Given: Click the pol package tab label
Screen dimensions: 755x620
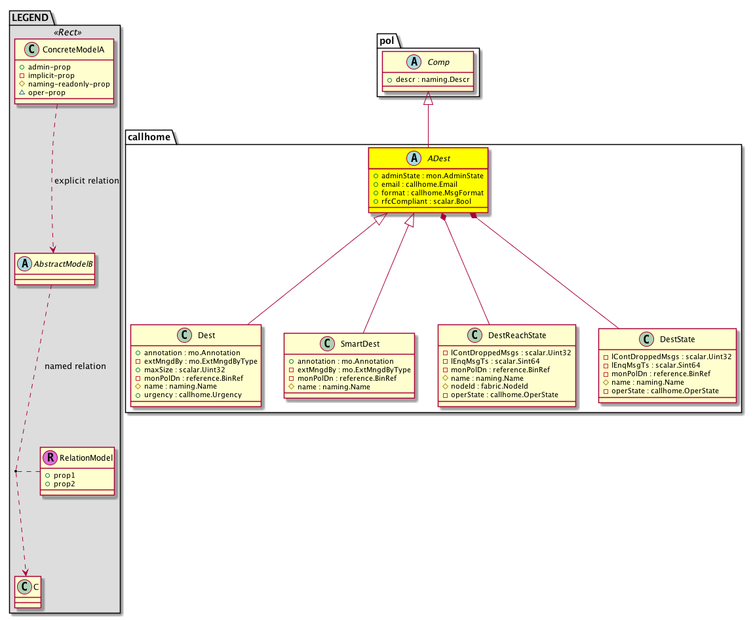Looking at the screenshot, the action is click(387, 41).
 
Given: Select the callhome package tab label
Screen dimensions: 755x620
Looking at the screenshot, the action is click(149, 137).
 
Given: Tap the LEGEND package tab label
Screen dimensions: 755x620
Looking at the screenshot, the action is click(30, 18).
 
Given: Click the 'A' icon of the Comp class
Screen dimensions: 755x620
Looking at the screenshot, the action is click(414, 62).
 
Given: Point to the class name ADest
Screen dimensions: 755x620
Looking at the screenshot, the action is click(438, 159).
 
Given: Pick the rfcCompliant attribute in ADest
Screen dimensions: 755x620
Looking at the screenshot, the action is click(426, 201).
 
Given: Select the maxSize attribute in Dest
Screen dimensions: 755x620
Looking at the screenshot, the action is click(184, 370).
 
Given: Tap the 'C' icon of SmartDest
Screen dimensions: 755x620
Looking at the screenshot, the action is click(328, 343).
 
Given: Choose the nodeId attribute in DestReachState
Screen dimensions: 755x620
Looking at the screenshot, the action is click(489, 386).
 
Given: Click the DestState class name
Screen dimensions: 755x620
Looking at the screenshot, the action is click(677, 339).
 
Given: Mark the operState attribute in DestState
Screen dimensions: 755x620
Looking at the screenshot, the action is click(665, 391).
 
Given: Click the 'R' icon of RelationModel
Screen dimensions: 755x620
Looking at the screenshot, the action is click(50, 457).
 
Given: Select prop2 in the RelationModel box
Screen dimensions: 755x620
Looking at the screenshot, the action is click(64, 484).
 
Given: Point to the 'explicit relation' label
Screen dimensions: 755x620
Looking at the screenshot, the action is click(87, 180).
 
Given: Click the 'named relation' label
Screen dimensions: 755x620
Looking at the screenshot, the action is click(75, 366).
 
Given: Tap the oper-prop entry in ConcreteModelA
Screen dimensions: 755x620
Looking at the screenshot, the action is click(47, 92).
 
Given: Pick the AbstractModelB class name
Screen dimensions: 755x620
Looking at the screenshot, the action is click(63, 263).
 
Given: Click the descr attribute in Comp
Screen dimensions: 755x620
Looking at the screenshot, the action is click(433, 79).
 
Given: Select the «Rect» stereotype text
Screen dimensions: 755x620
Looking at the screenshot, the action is click(68, 32).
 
